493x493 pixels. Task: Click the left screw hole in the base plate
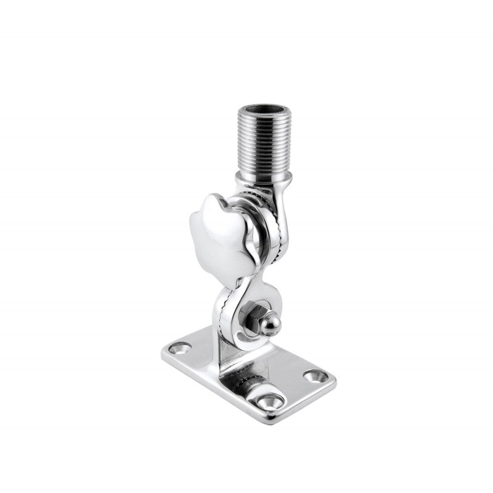coord(181,349)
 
